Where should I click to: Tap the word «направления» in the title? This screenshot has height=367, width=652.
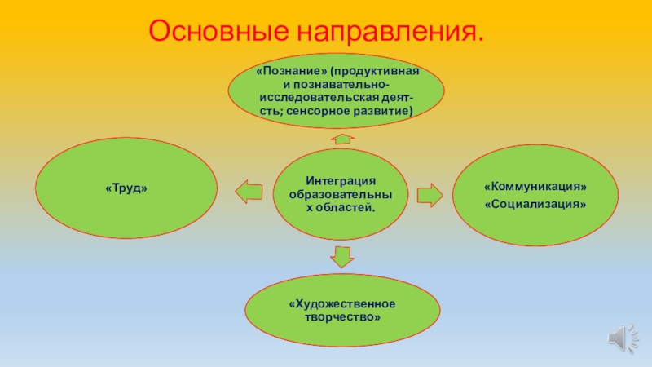(x=390, y=31)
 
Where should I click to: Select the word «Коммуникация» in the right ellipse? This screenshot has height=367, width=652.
(x=535, y=188)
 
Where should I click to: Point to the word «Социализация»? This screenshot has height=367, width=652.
(x=535, y=203)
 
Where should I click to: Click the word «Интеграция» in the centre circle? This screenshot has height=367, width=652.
(x=341, y=180)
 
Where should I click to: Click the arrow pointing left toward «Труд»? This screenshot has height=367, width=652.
(x=249, y=192)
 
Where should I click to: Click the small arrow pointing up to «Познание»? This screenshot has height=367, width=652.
(x=343, y=138)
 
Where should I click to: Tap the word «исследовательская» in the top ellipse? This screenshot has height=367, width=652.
(x=315, y=96)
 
